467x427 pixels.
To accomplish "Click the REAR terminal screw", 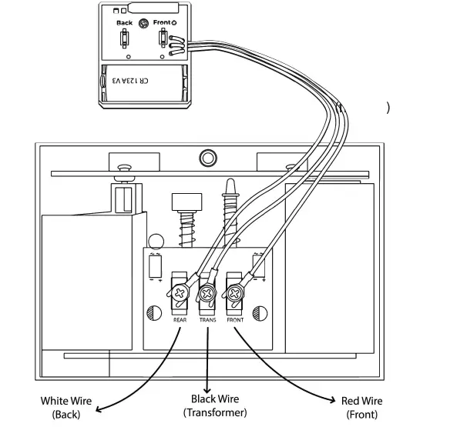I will pos(180,294).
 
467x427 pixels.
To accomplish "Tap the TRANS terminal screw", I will pos(207,294).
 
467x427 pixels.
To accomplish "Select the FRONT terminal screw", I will pos(234,293).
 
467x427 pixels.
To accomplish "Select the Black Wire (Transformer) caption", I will pos(215,405).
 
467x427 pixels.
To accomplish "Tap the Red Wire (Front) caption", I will pos(361,407).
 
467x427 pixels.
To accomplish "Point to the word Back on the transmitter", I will pos(124,23).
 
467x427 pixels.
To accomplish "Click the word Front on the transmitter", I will pos(163,23).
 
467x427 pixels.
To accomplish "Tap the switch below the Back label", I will pos(124,40).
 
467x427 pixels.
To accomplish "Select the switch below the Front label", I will pos(163,40).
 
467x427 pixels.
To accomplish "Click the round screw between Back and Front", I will pos(143,24).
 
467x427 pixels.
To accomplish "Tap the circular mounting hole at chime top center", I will pos(207,158).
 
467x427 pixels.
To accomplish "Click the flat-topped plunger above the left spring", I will pos(184,202).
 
